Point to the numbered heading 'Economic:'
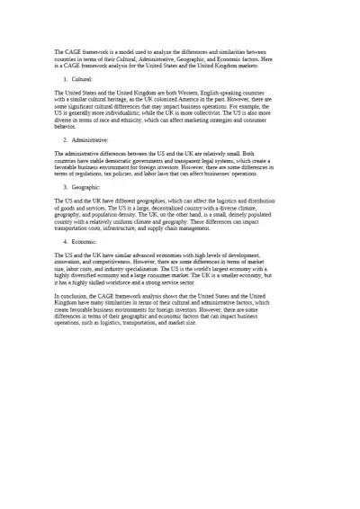click(x=85, y=242)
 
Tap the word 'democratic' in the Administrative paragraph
click(x=139, y=159)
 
